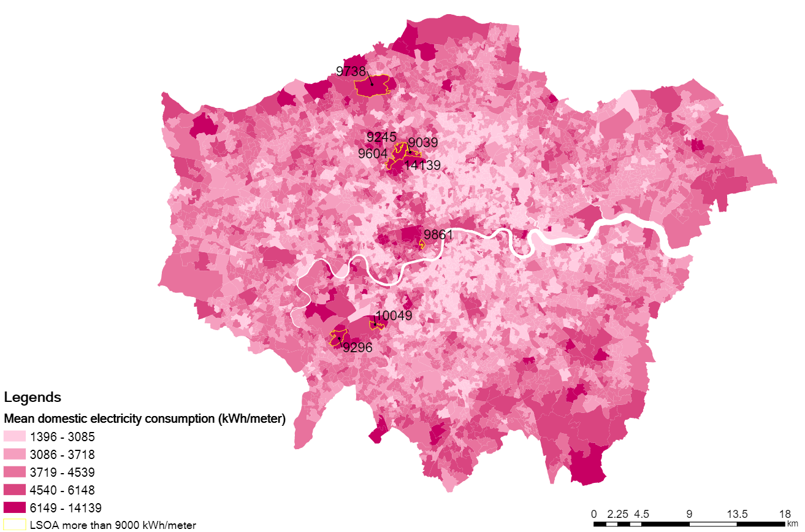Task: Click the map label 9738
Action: click(x=351, y=71)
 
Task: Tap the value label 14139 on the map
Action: click(x=422, y=165)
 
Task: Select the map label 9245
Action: click(x=381, y=136)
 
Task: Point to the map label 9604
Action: click(x=373, y=153)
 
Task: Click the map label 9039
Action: click(x=423, y=143)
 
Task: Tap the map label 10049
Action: click(x=394, y=316)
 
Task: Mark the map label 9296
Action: click(x=357, y=348)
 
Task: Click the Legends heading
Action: click(x=32, y=398)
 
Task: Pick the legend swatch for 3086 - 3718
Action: click(x=15, y=455)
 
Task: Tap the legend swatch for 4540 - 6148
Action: click(x=15, y=490)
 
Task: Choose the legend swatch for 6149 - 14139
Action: click(x=15, y=507)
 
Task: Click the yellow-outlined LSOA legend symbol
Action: click(x=15, y=525)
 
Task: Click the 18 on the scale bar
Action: click(x=784, y=514)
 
